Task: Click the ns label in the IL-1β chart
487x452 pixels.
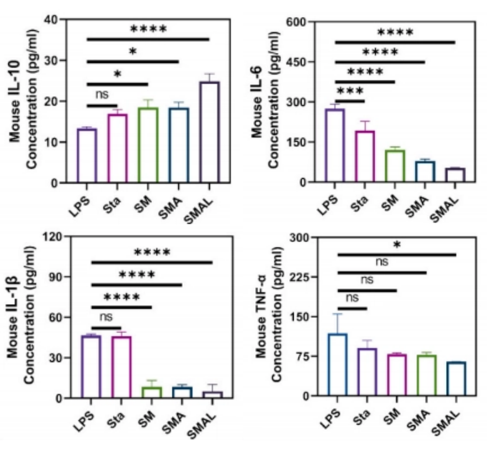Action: coord(106,317)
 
